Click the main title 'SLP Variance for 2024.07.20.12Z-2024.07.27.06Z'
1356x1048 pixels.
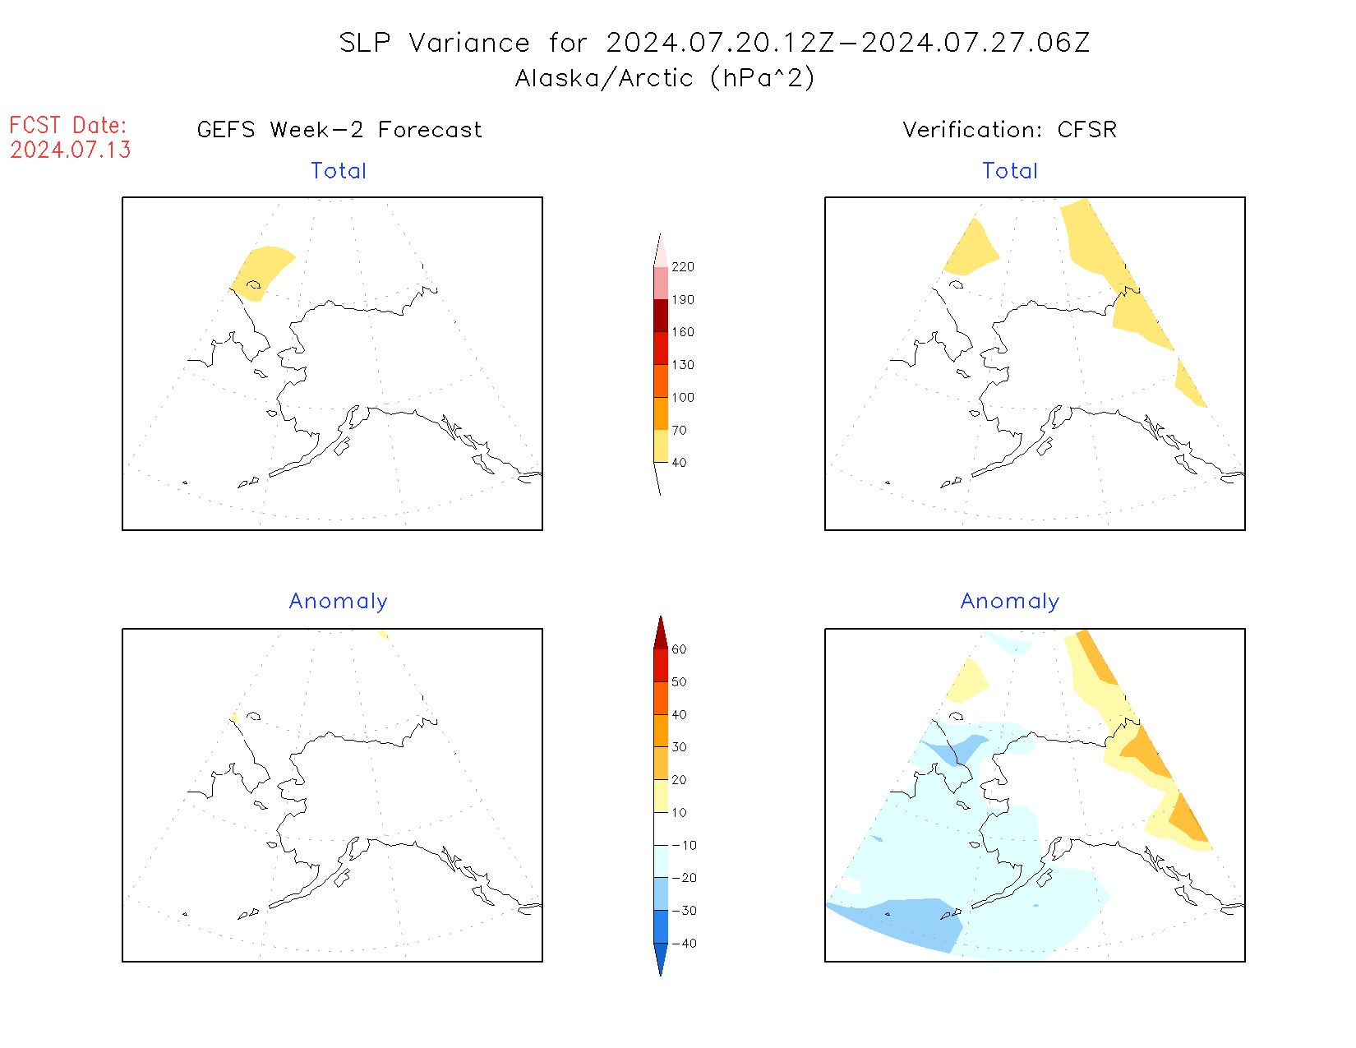pyautogui.click(x=714, y=43)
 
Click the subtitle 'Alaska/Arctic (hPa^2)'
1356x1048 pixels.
pyautogui.click(x=665, y=78)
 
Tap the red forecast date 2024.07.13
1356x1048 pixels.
pyautogui.click(x=71, y=150)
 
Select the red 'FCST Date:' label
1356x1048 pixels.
pyautogui.click(x=68, y=125)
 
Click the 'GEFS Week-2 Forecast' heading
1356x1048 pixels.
pyautogui.click(x=339, y=130)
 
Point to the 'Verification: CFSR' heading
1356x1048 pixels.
pyautogui.click(x=1009, y=130)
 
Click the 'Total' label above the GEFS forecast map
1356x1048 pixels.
pyautogui.click(x=339, y=171)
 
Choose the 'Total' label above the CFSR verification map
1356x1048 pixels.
pyautogui.click(x=1010, y=171)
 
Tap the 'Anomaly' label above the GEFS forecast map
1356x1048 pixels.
pyautogui.click(x=339, y=602)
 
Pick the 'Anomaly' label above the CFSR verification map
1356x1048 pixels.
pyautogui.click(x=1010, y=602)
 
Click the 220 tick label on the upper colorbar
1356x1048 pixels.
pyautogui.click(x=682, y=267)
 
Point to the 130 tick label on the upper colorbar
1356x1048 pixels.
pyautogui.click(x=682, y=365)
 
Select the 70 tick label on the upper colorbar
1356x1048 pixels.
pyautogui.click(x=679, y=430)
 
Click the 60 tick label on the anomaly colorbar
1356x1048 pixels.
pyautogui.click(x=679, y=649)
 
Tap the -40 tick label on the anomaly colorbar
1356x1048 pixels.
pyautogui.click(x=684, y=944)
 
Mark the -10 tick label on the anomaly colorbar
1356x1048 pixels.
pyautogui.click(x=684, y=846)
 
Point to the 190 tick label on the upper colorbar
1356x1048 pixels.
pyautogui.click(x=682, y=300)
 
